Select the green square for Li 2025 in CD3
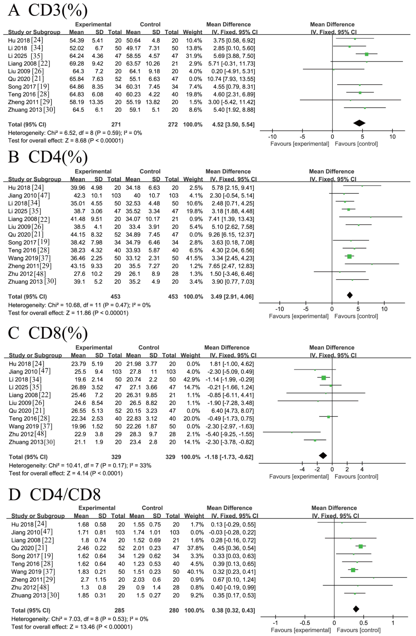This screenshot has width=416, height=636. coord(367,54)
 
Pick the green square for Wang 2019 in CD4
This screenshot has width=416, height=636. coord(349,257)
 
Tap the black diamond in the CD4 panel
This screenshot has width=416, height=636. coord(350,295)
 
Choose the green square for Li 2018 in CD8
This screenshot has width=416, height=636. coord(324,378)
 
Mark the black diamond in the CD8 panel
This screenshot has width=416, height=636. coord(323,456)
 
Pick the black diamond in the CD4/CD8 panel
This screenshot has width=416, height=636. coord(356,609)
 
